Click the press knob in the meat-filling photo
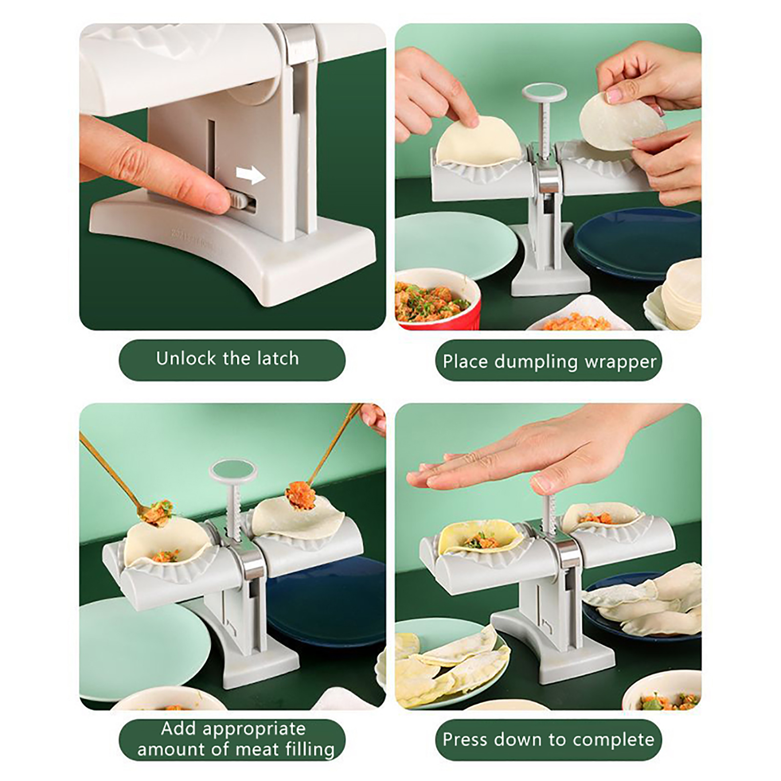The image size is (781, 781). [x=233, y=470]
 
